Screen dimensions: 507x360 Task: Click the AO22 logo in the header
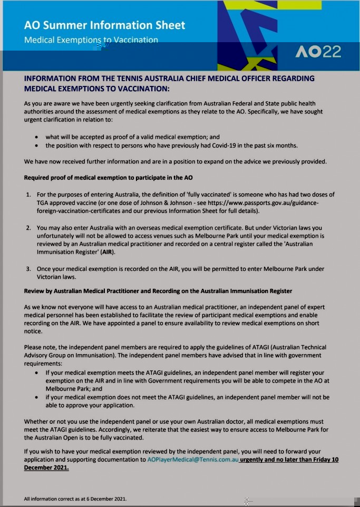click(318, 52)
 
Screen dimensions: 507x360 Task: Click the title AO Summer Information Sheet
click(104, 25)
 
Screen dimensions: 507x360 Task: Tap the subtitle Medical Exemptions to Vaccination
click(91, 40)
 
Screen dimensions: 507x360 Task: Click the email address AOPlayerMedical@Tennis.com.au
click(193, 460)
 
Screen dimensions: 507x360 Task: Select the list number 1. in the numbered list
click(29, 195)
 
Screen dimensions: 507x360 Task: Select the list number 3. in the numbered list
click(29, 269)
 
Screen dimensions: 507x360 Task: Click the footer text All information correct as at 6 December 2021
click(75, 499)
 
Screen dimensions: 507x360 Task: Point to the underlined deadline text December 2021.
click(46, 467)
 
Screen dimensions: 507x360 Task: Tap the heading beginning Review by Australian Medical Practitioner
click(158, 291)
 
